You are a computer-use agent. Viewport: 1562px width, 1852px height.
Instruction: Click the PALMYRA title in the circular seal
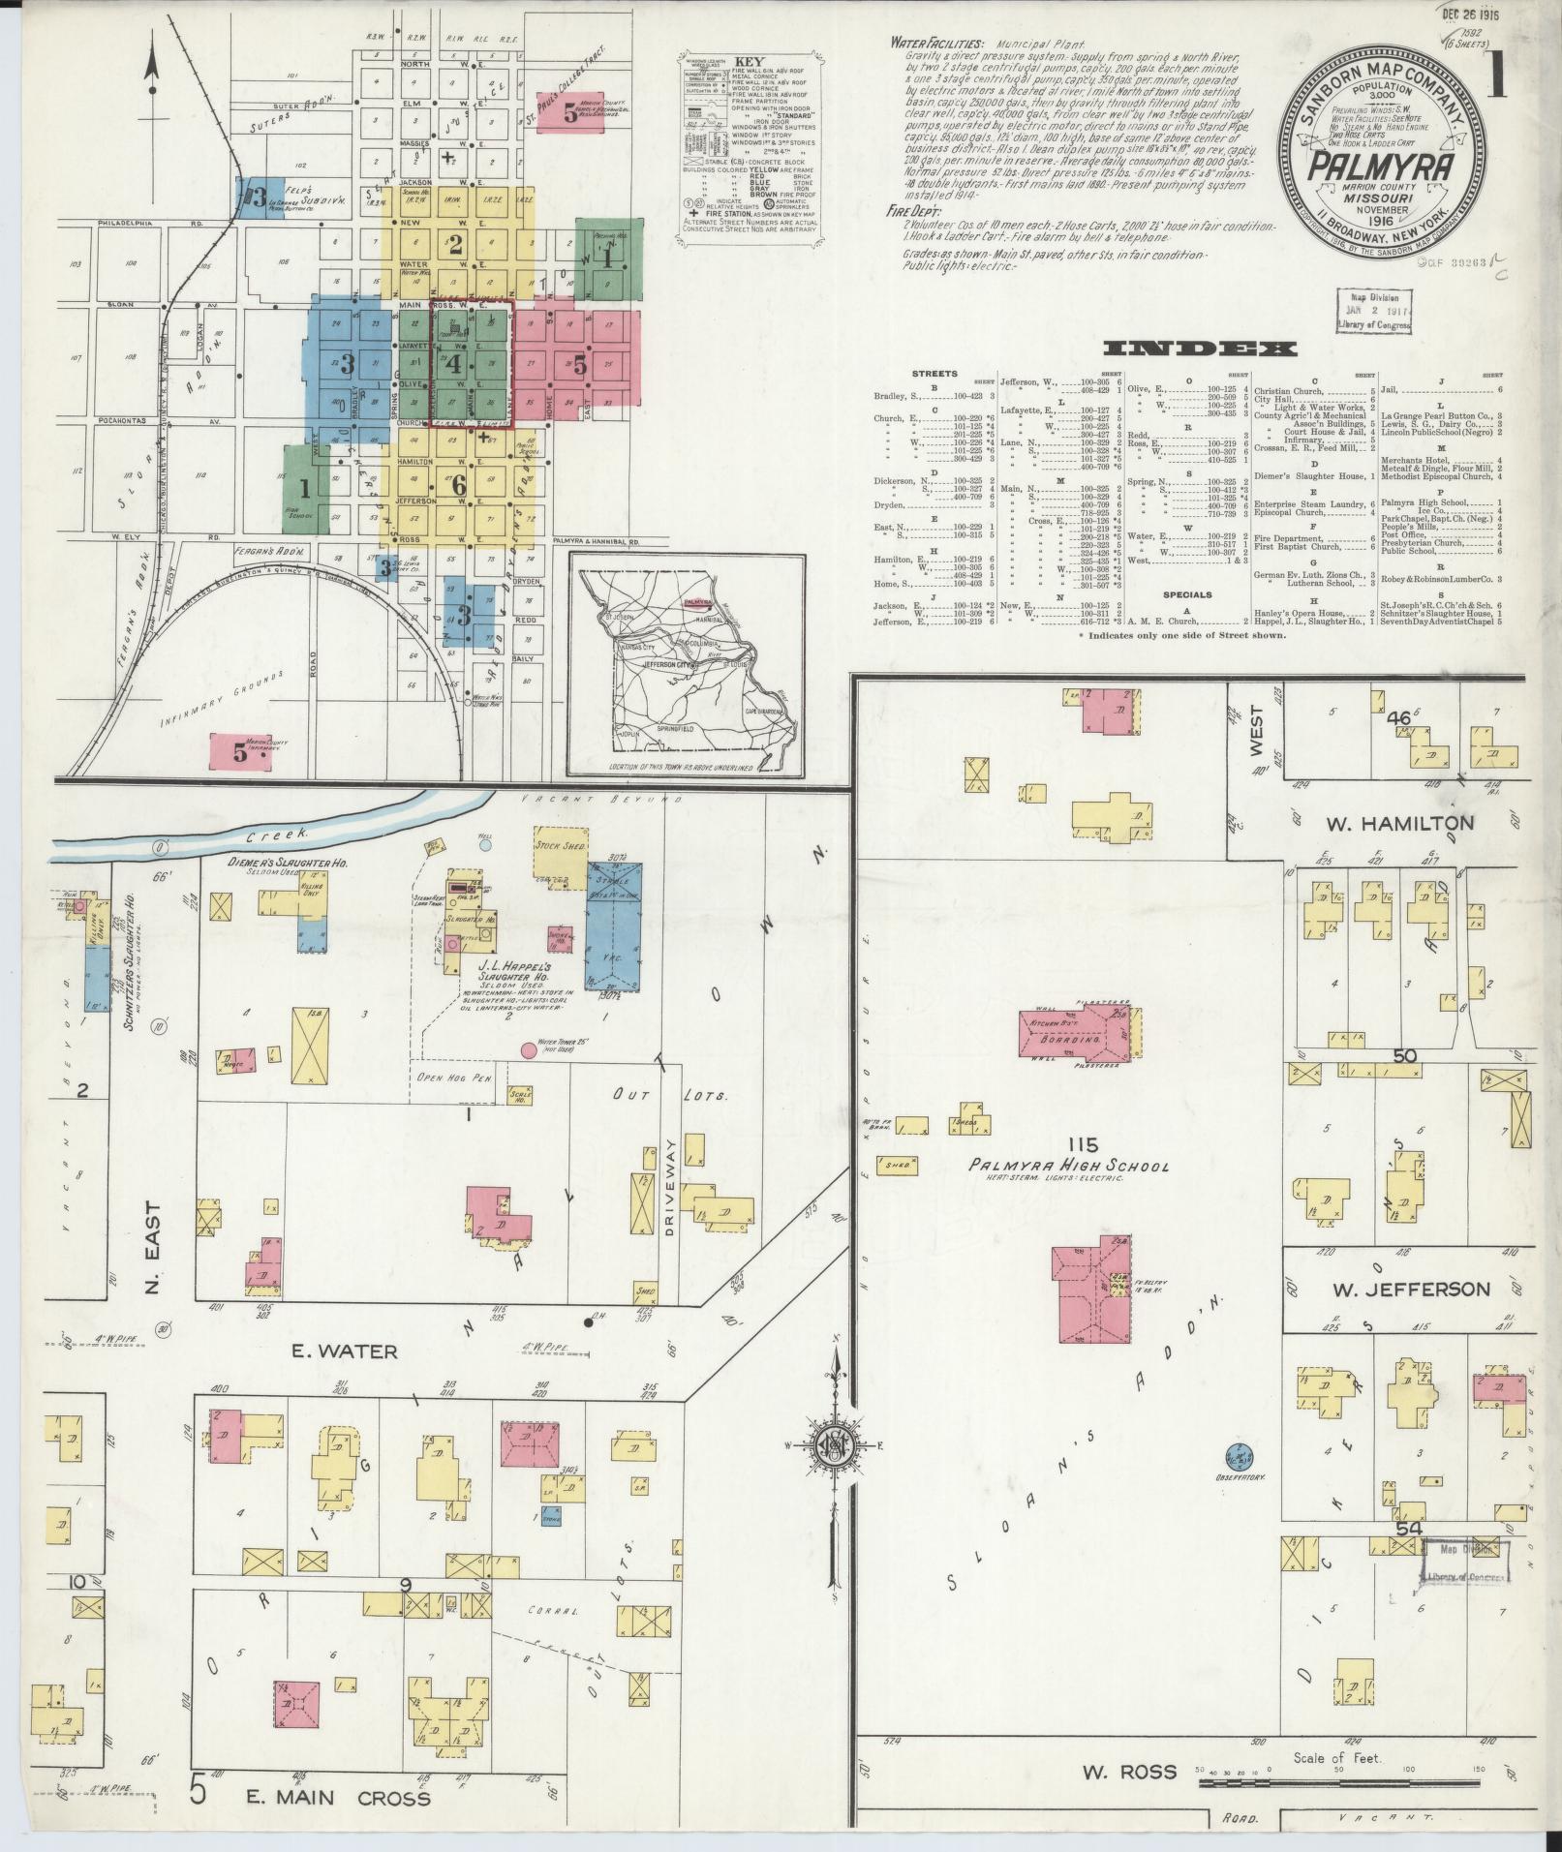[x=1367, y=167]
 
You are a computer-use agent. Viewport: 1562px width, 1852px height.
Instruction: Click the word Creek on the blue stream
[x=275, y=834]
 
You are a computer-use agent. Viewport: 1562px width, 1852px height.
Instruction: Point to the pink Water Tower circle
[x=529, y=1049]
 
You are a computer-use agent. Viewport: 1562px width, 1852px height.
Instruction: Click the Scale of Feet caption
[x=1336, y=1757]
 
